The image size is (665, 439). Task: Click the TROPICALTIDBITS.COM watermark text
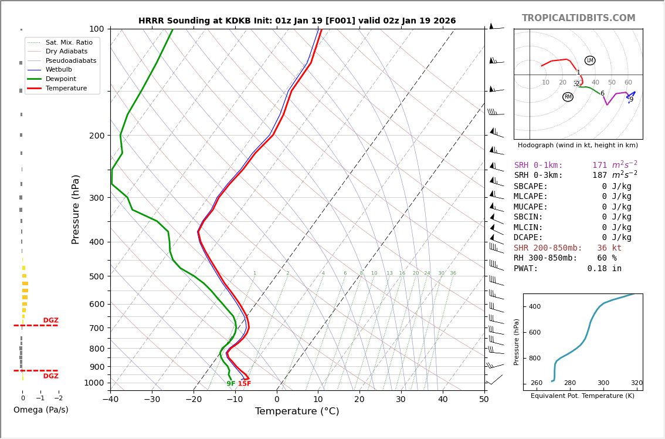pos(578,18)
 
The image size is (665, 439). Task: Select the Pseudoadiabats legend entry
pos(70,60)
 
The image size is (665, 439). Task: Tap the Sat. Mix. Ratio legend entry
pos(69,42)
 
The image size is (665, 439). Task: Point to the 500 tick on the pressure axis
pos(96,276)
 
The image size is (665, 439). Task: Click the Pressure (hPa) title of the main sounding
pos(76,209)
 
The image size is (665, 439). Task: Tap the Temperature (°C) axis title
pos(297,411)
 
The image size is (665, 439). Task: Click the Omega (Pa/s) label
pos(40,410)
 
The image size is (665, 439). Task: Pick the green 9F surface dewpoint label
pos(231,384)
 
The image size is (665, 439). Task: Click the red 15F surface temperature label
pos(244,384)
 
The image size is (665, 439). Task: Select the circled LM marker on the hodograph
pos(590,60)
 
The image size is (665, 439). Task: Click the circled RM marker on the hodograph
pos(568,97)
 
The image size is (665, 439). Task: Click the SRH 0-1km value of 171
pos(599,166)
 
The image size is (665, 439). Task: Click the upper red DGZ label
pos(50,320)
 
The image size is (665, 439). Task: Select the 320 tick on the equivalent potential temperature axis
pos(636,383)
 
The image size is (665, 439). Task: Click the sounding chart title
pos(297,21)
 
